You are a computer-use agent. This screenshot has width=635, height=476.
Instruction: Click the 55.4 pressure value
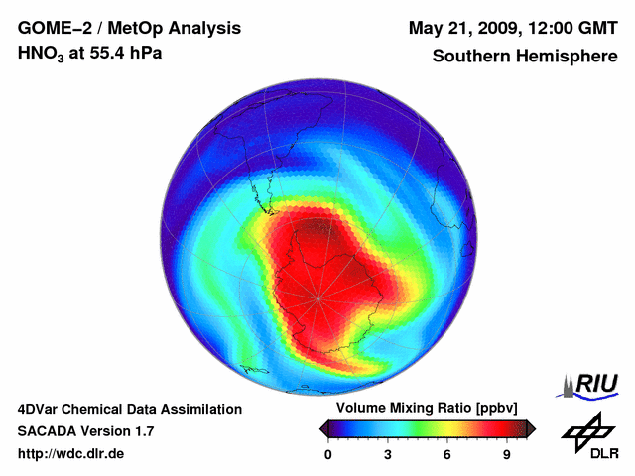coord(109,53)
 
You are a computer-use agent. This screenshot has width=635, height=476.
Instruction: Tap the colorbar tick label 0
coord(328,454)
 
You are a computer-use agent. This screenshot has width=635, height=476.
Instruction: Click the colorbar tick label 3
coord(388,454)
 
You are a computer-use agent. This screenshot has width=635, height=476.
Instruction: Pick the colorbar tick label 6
coord(447,454)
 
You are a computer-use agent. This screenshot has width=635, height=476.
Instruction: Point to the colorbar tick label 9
coord(506,454)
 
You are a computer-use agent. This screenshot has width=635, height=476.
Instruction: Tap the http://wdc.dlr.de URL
coord(71,454)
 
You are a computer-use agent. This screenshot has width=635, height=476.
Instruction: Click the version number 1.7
coord(143,431)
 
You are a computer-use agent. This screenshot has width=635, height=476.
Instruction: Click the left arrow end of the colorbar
coord(323,428)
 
